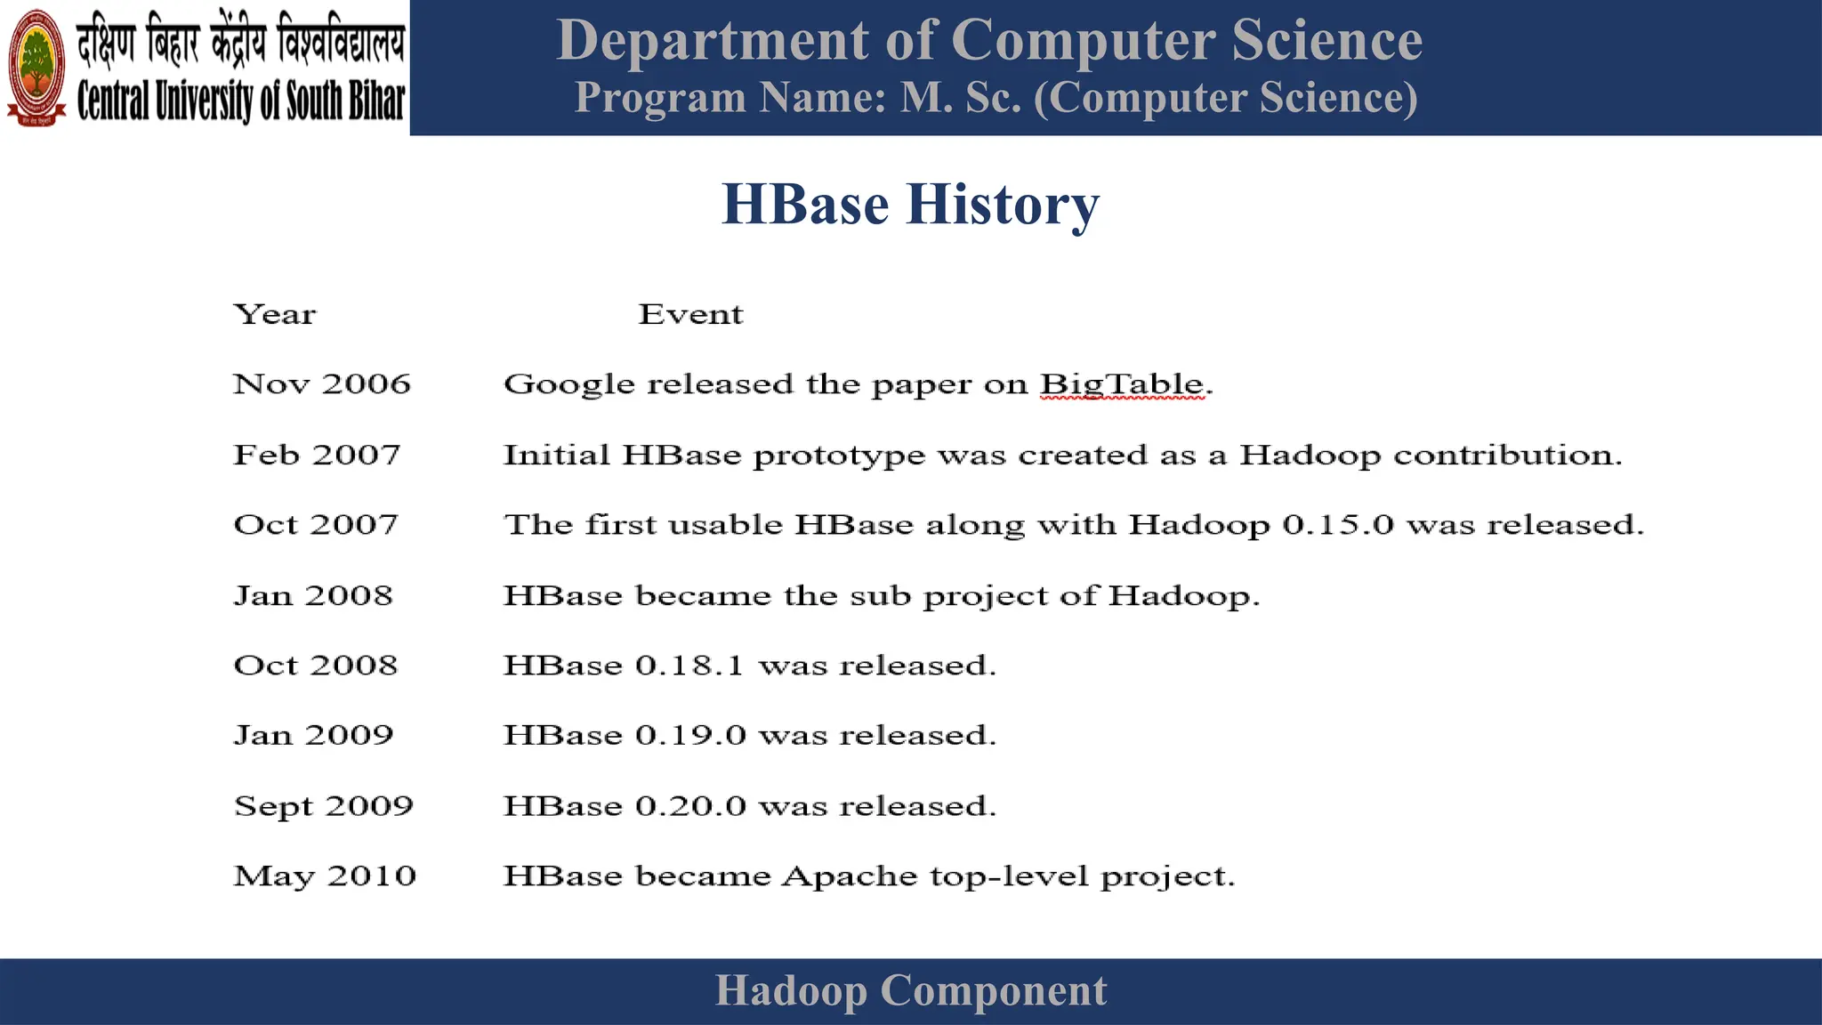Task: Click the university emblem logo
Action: [x=36, y=68]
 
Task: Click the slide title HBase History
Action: [x=910, y=204]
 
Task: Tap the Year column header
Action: [x=274, y=314]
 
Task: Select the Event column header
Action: [x=690, y=314]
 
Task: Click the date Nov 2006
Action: [x=322, y=383]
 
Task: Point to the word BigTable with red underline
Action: [x=1123, y=384]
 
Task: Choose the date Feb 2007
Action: [x=317, y=455]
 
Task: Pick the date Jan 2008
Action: [x=313, y=595]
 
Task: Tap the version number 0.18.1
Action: [x=689, y=666]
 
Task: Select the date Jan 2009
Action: [x=313, y=735]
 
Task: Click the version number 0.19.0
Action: [x=690, y=735]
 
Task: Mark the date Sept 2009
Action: [x=324, y=805]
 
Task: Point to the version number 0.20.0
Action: [x=690, y=805]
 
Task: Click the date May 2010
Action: [x=325, y=876]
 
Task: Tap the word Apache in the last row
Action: [x=849, y=876]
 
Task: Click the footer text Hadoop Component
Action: [x=910, y=990]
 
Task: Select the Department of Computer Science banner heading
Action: [x=988, y=40]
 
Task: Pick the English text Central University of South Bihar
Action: [x=240, y=101]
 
